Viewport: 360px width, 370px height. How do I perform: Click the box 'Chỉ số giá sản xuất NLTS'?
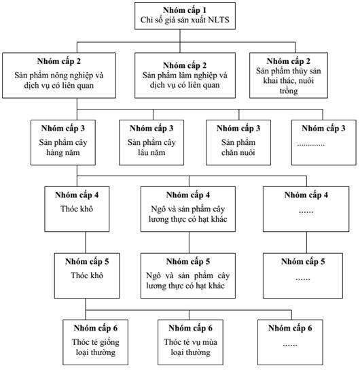coord(185,16)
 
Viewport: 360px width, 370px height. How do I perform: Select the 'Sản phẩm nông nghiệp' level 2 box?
coord(59,75)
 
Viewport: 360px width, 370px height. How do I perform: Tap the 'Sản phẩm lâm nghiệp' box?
coord(185,75)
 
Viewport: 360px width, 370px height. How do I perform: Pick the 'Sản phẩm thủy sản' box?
coord(289,75)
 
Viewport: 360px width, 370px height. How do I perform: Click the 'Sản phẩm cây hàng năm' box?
coord(63,143)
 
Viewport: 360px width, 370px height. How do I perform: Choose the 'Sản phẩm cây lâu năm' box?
coord(151,143)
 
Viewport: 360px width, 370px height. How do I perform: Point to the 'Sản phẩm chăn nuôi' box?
coord(238,143)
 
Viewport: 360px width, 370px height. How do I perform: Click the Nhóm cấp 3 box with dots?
coord(324,143)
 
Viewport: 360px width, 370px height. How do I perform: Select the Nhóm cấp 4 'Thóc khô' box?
coord(77,209)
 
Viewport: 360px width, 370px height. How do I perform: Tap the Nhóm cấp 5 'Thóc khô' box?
coord(87,275)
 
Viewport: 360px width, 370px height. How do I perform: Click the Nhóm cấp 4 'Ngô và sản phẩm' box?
coord(188,209)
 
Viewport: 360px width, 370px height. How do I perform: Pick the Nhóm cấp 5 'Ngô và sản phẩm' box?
coord(188,275)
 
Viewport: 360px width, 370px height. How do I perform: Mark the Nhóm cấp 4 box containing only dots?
coord(306,209)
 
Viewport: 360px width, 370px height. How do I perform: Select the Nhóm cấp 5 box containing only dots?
coord(303,275)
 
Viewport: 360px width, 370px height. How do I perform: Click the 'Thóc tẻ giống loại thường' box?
coord(95,342)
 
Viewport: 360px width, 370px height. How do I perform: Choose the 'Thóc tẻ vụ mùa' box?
coord(190,342)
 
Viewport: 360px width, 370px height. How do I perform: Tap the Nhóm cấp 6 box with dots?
coord(290,342)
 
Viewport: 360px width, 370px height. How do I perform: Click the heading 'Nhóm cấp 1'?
coord(185,10)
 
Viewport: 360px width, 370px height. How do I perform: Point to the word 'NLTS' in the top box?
coord(219,20)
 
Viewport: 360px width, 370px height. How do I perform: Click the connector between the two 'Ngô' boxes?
coord(189,243)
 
